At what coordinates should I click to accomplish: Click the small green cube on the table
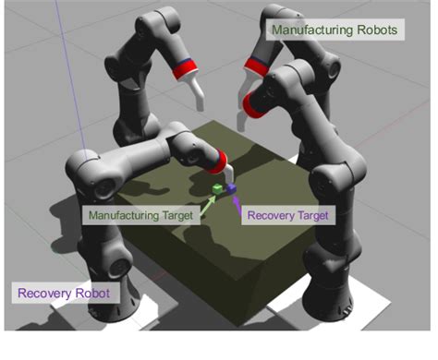[x=217, y=189]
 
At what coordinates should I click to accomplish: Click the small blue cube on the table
[x=231, y=188]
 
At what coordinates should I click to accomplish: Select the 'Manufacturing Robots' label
[x=335, y=30]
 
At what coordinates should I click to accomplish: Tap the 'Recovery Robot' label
[x=63, y=294]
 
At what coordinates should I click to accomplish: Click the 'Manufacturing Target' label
[x=140, y=215]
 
